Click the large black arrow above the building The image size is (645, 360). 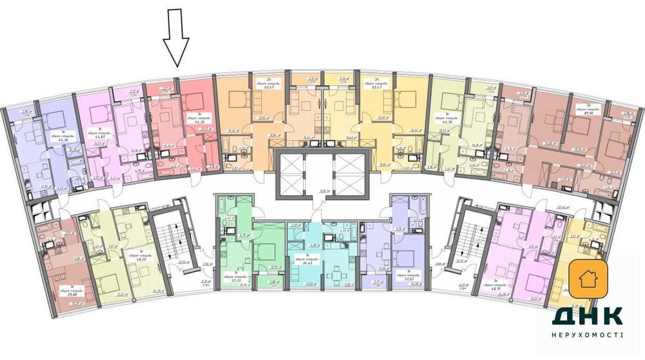pyautogui.click(x=175, y=43)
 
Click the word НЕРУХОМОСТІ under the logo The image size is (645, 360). pyautogui.click(x=587, y=335)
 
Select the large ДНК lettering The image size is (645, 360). pyautogui.click(x=587, y=315)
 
